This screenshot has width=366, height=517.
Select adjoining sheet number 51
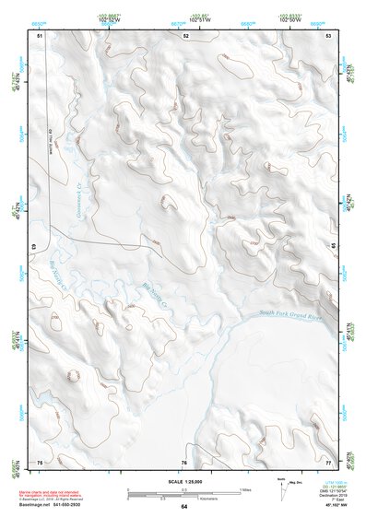click(40, 35)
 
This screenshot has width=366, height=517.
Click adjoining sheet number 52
click(185, 35)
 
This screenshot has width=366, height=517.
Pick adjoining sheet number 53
click(328, 35)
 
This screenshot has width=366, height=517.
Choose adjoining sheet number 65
click(335, 247)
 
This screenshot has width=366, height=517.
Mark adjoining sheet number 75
click(40, 461)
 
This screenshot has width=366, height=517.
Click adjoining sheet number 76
click(184, 461)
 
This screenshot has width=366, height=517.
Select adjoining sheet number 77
click(328, 461)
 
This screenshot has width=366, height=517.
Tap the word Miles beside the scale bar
click(247, 488)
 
